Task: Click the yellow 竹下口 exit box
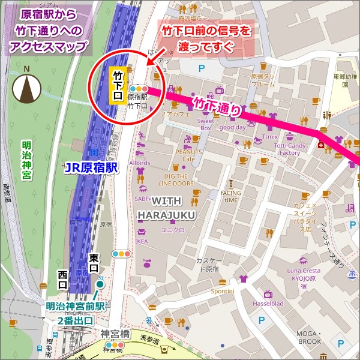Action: click(x=118, y=85)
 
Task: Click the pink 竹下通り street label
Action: click(x=218, y=108)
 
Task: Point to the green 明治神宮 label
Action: click(x=26, y=160)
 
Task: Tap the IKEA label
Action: click(x=142, y=242)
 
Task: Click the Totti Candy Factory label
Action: click(x=289, y=149)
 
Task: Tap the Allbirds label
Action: click(x=139, y=163)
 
